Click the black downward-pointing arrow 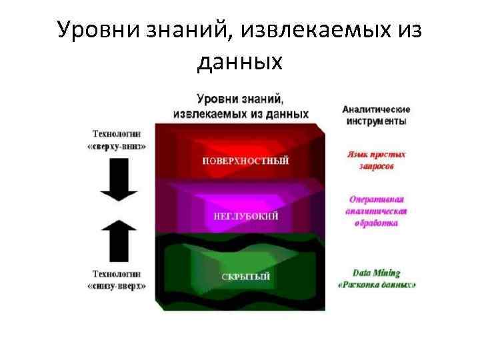(118, 180)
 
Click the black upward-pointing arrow (118, 242)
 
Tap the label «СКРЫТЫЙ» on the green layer (246, 277)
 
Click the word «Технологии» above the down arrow (117, 134)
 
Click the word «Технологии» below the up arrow (117, 274)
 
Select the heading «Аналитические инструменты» (377, 115)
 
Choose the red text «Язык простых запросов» (377, 159)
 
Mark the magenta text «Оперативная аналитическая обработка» (377, 211)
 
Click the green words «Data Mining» (377, 273)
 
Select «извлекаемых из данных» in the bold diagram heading (240, 113)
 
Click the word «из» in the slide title (409, 30)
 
